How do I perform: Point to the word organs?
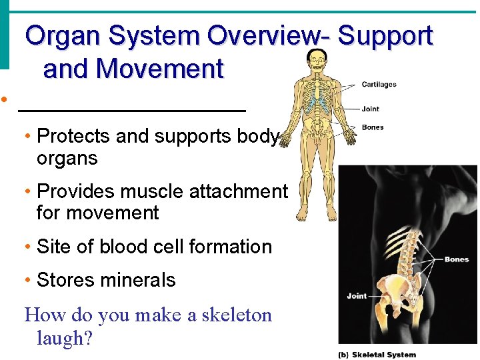(67, 159)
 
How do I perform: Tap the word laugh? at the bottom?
(65, 338)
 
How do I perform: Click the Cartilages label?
(379, 85)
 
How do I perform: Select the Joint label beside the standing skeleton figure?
(371, 109)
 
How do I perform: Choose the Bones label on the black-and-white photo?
(457, 259)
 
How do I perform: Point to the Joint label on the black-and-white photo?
(357, 295)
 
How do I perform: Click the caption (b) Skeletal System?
(377, 355)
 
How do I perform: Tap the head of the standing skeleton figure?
(315, 61)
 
